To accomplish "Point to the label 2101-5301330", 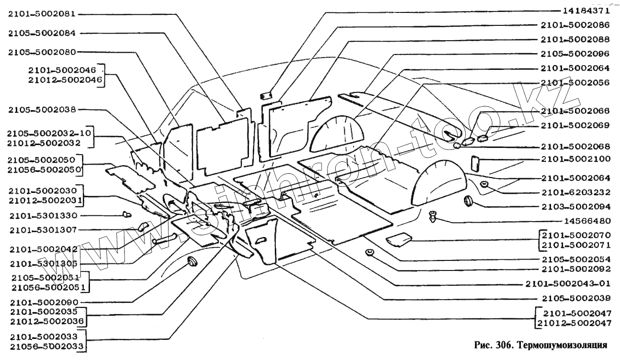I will (42, 215).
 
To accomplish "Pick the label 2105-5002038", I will (42, 110).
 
